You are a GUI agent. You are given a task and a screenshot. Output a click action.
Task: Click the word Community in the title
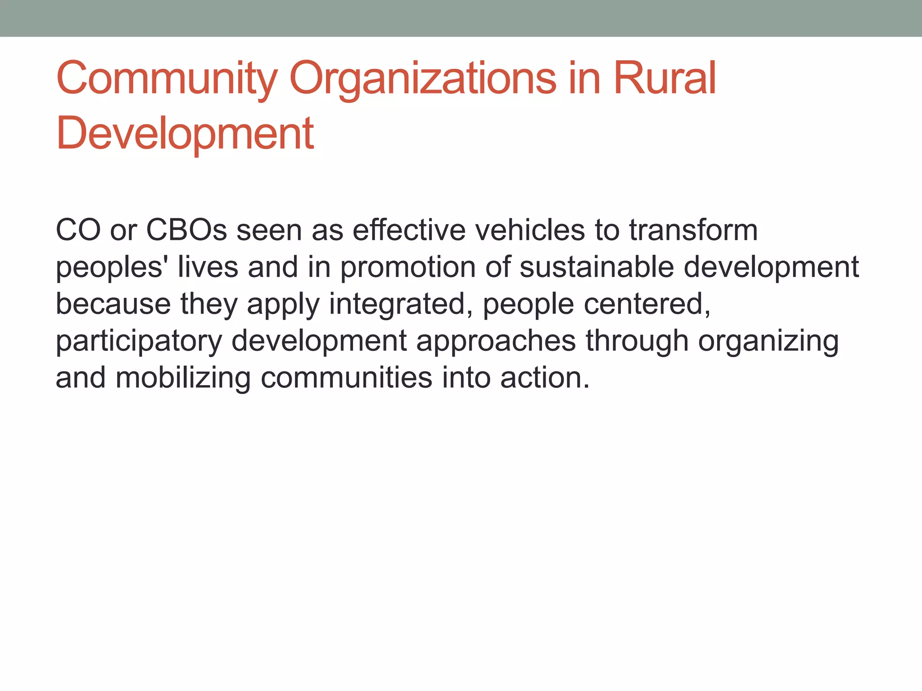click(167, 79)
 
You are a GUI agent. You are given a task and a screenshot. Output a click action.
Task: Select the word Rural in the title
click(664, 78)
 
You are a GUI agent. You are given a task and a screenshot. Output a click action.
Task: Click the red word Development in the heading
click(185, 134)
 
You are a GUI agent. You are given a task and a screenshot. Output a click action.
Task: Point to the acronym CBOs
click(186, 230)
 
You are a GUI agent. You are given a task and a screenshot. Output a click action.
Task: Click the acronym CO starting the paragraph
click(78, 230)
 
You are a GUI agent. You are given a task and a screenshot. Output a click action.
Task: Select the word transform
click(693, 230)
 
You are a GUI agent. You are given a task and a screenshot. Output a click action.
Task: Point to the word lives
click(208, 267)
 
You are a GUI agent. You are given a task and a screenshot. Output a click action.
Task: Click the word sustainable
click(597, 267)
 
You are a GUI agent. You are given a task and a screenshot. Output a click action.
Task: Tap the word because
click(113, 304)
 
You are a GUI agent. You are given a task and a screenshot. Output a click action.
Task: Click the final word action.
click(544, 378)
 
